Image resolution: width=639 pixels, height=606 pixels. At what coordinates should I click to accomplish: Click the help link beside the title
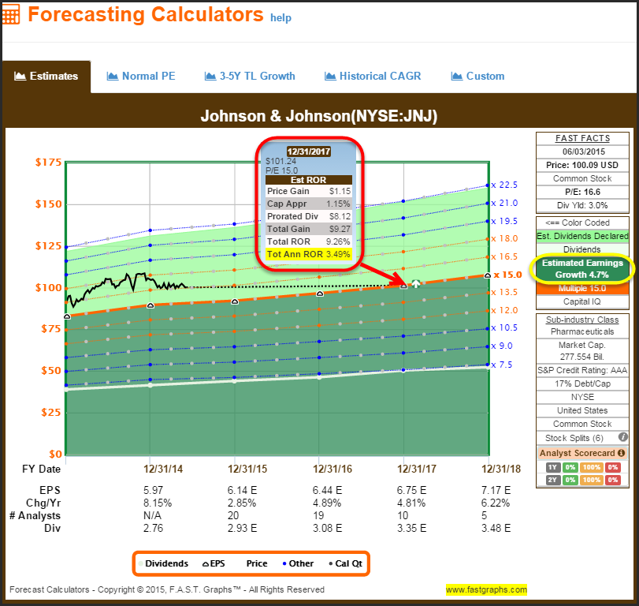pos(281,17)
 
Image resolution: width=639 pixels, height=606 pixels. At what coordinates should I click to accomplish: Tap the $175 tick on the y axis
pos(48,163)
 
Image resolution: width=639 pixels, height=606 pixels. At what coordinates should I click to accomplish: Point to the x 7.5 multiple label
pos(501,365)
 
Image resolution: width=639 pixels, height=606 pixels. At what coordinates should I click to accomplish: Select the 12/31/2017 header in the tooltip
pos(309,151)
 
